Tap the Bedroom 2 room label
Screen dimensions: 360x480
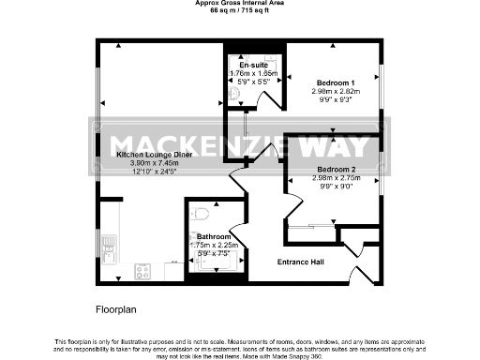333,170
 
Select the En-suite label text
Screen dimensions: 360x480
247,65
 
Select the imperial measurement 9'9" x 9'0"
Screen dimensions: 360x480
333,187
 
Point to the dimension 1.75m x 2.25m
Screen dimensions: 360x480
215,246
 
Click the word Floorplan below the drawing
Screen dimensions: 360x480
117,307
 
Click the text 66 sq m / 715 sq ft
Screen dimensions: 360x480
240,12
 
